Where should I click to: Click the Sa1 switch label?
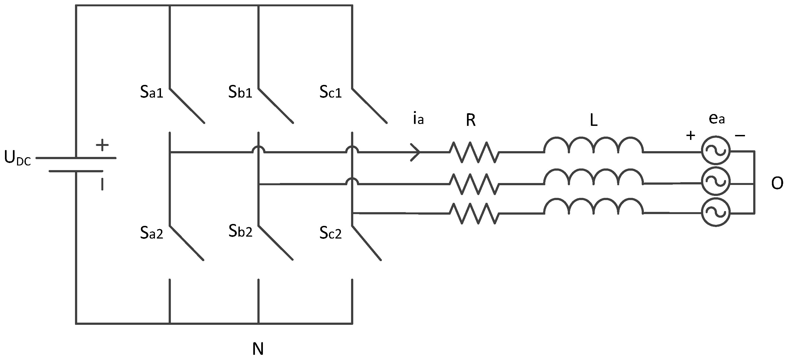click(152, 92)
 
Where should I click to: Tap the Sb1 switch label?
click(240, 92)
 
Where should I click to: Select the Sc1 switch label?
click(330, 92)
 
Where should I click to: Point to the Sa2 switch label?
click(152, 233)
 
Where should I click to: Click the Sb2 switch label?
click(240, 231)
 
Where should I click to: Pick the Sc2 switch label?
click(330, 233)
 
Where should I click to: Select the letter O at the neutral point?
click(777, 184)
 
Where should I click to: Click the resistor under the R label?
click(474, 152)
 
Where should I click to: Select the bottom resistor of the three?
click(474, 214)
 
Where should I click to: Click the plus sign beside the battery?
click(102, 145)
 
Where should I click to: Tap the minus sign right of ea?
click(740, 135)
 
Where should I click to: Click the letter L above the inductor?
click(593, 121)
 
